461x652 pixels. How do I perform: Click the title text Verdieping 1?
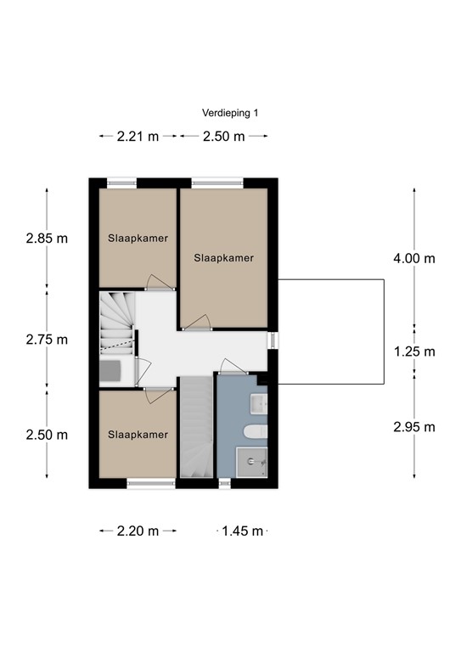coord(230,113)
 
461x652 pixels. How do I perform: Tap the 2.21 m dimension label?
coord(138,137)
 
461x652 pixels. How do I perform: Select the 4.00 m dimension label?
coord(414,258)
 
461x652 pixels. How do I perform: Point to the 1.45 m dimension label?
coord(242,531)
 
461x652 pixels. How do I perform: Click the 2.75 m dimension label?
coord(47,340)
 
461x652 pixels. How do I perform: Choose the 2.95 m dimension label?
coord(414,427)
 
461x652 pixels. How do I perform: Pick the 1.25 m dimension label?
coord(414,351)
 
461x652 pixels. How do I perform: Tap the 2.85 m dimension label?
coord(47,239)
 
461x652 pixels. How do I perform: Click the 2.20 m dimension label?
coord(138,531)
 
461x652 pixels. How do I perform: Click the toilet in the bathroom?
coord(256,431)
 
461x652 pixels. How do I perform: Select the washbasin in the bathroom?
coord(258,404)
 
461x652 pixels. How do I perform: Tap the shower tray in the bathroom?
coord(251,463)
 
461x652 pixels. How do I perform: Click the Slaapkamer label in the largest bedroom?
coord(223,258)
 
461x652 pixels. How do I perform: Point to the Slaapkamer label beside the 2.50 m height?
coord(138,435)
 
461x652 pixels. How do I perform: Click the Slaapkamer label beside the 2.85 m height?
coord(138,239)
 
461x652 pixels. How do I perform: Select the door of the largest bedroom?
coord(197,323)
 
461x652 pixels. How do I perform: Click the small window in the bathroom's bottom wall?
coord(224,483)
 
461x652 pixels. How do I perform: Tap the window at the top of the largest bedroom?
coord(217,183)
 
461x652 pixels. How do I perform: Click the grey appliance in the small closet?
coord(110,371)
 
